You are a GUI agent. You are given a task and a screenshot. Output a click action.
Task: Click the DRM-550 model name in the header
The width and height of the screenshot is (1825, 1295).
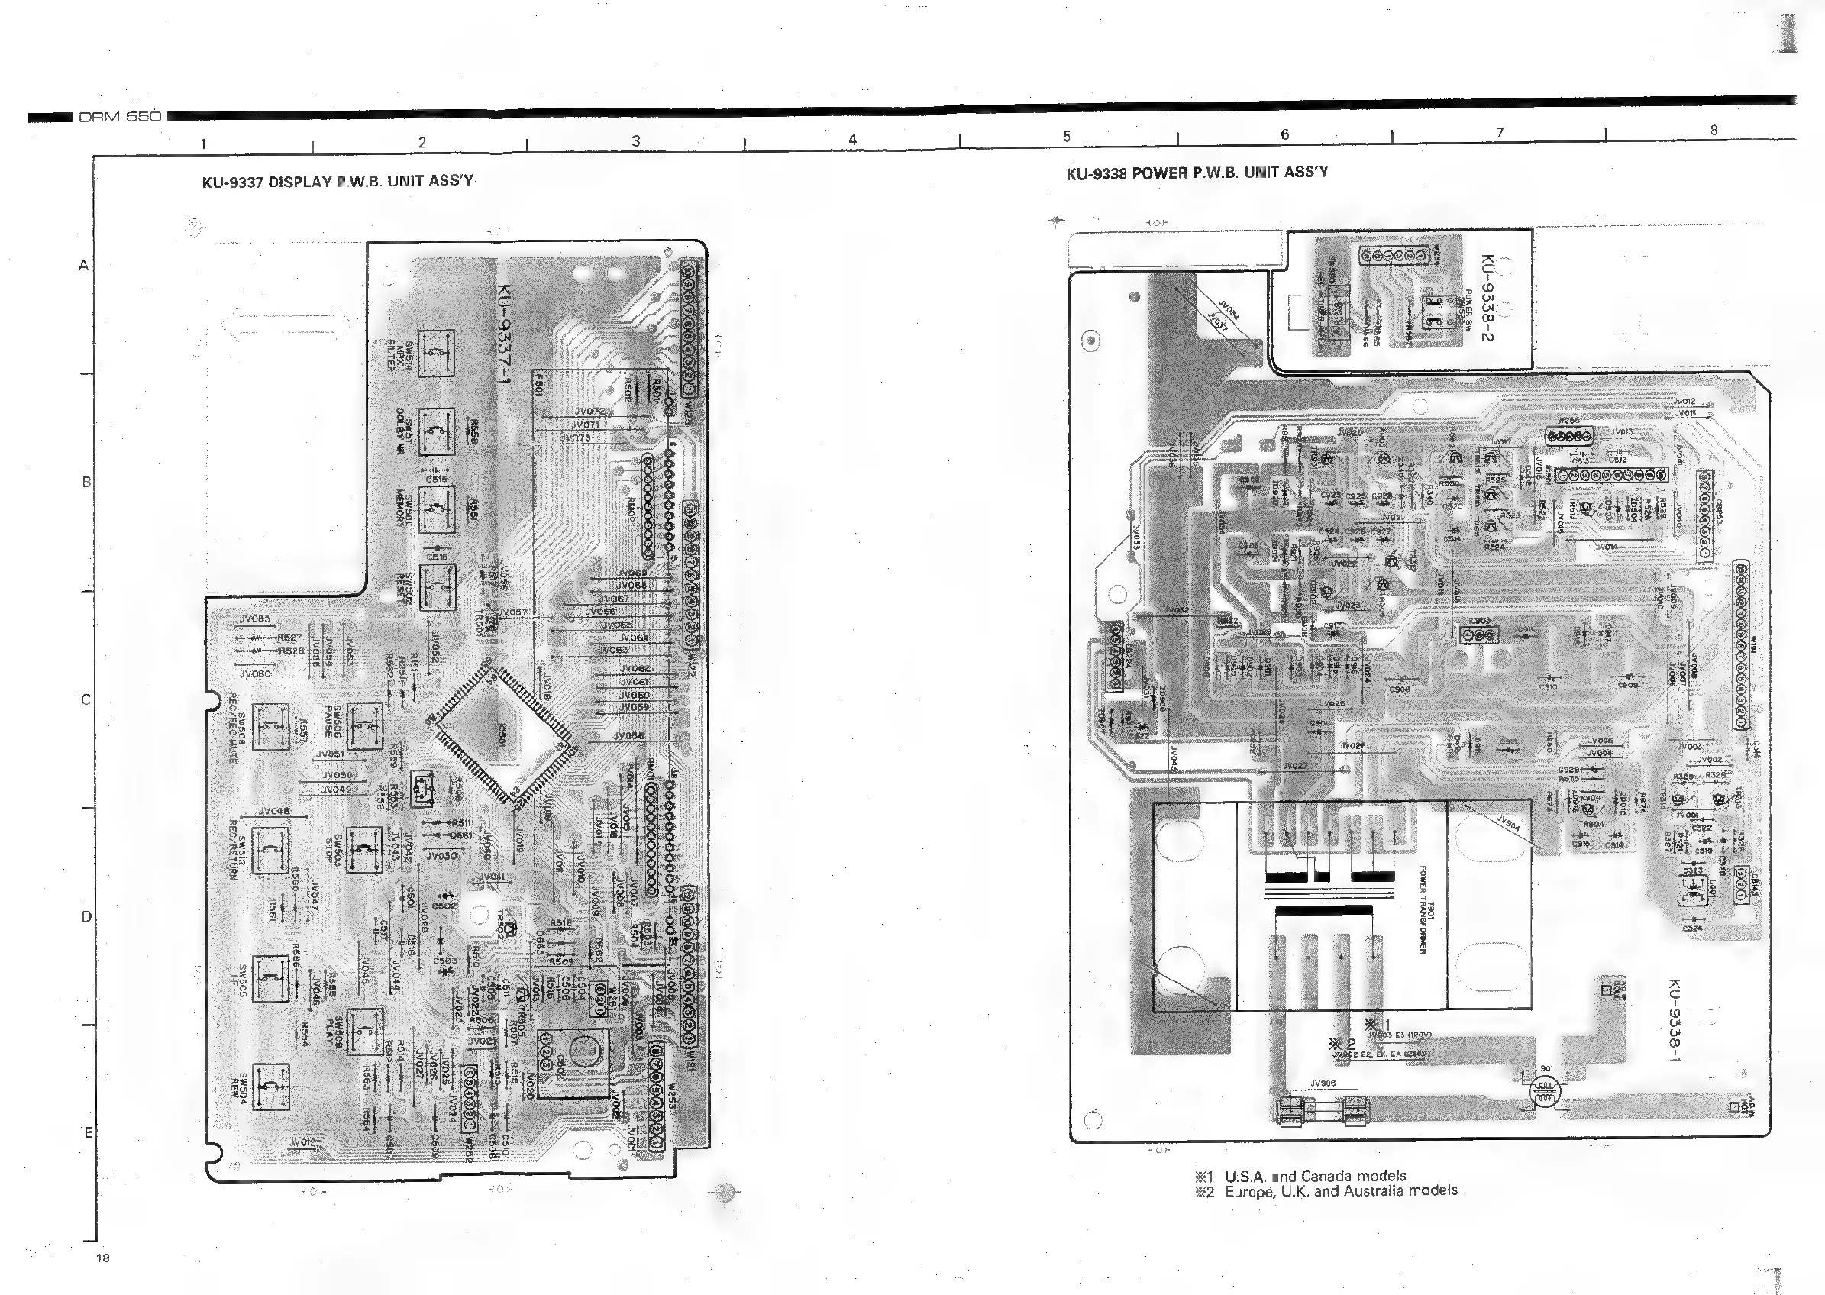point(120,116)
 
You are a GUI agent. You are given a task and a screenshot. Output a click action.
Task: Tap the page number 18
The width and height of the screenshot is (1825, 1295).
point(102,1258)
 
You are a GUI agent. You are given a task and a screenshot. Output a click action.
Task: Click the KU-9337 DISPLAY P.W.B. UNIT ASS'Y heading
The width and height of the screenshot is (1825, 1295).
point(338,181)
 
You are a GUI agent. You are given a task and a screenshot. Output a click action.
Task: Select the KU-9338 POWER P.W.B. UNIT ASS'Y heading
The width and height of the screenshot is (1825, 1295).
point(1197,173)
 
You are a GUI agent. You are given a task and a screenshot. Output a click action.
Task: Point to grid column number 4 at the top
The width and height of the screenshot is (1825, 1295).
point(852,140)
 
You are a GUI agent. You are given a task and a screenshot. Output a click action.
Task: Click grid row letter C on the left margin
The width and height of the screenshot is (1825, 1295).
point(86,700)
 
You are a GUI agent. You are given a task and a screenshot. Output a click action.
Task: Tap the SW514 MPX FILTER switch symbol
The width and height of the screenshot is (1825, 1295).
point(436,354)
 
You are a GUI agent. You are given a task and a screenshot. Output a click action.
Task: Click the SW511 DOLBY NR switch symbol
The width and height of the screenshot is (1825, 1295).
point(436,431)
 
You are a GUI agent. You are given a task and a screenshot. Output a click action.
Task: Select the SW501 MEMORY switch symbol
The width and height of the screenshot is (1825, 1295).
point(436,509)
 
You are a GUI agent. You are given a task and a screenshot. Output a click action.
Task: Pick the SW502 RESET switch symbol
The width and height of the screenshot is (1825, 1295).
point(436,587)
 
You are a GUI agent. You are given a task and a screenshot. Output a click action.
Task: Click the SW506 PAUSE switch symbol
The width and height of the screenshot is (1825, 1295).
point(364,726)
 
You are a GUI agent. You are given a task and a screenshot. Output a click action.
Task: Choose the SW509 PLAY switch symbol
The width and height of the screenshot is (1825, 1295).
point(364,1032)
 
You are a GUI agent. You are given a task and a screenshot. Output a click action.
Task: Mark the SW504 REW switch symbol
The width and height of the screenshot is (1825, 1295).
point(270,1086)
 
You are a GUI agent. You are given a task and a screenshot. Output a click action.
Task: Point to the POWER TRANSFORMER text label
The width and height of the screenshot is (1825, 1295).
point(1422,909)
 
